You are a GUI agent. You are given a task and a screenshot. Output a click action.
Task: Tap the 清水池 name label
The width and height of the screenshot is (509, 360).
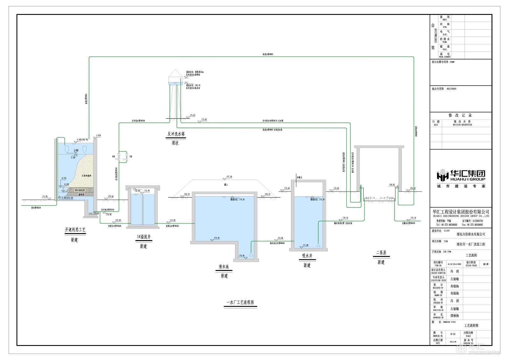coord(224,267)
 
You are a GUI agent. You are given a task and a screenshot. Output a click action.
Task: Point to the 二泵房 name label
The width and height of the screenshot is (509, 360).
coord(381,253)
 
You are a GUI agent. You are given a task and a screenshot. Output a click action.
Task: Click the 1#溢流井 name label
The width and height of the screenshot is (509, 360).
coord(143,237)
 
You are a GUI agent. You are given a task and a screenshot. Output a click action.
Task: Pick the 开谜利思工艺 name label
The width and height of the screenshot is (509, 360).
coord(75,230)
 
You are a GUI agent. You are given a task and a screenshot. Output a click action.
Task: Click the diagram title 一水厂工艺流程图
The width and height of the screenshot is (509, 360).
coord(240,302)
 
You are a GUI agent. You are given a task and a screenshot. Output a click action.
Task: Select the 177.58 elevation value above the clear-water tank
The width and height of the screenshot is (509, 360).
coord(229,177)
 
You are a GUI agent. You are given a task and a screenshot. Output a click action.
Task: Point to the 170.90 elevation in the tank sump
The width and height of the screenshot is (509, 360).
coord(241,255)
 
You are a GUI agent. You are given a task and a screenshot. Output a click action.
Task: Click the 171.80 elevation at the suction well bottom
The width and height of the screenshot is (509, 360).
coord(305,245)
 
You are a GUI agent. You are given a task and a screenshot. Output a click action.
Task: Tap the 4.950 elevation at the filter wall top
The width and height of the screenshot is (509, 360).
coord(98,135)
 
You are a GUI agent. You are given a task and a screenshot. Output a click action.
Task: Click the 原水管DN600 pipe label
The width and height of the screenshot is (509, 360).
coord(36,208)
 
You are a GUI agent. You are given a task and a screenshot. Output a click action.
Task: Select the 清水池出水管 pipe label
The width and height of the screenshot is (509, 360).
coord(277,243)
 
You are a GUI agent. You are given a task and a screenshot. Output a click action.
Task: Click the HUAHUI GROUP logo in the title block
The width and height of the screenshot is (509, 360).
coord(461,176)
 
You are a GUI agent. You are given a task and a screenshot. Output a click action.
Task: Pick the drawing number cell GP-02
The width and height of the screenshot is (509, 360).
coord(453,334)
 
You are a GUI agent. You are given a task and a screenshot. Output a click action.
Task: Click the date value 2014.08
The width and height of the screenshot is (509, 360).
coord(453,342)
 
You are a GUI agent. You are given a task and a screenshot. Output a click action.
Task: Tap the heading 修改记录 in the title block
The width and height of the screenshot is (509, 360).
coord(460,115)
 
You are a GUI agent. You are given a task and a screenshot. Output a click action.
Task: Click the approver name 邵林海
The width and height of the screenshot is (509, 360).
coord(455,316)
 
